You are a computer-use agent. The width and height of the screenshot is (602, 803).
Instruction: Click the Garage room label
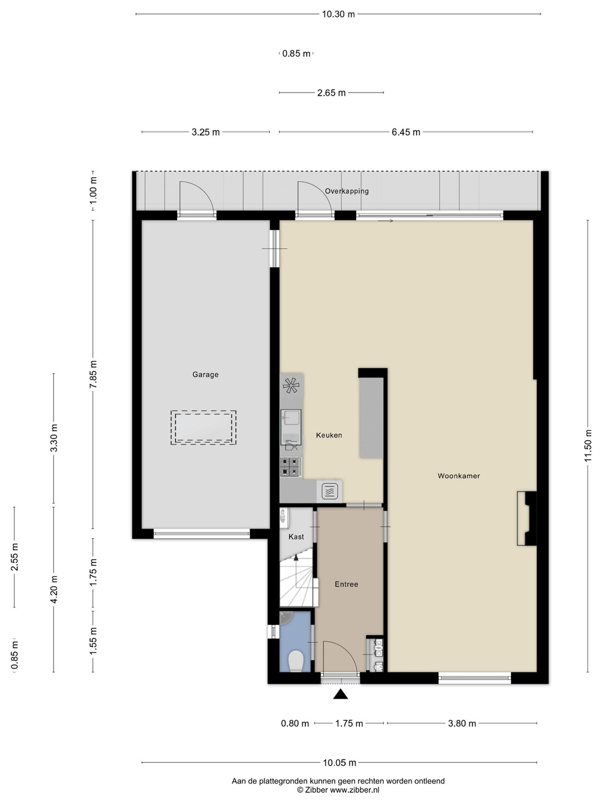pyautogui.click(x=206, y=375)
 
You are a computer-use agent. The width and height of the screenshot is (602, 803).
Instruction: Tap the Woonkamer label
pyautogui.click(x=459, y=476)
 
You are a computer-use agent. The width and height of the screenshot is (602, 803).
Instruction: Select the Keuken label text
pyautogui.click(x=329, y=435)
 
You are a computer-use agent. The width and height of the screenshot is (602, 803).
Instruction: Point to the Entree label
pyautogui.click(x=346, y=584)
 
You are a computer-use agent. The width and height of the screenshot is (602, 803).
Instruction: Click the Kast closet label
pyautogui.click(x=296, y=536)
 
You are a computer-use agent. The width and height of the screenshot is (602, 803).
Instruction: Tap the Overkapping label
pyautogui.click(x=347, y=191)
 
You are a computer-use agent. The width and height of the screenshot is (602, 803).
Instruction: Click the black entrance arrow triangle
pyautogui.click(x=340, y=694)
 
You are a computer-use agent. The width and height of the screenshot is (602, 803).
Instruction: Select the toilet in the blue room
pyautogui.click(x=295, y=661)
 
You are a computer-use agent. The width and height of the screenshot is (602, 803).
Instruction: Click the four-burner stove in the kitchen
pyautogui.click(x=290, y=467)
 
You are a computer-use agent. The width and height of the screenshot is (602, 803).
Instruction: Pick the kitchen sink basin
pyautogui.click(x=291, y=418)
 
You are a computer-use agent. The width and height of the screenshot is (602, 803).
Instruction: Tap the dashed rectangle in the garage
pyautogui.click(x=203, y=428)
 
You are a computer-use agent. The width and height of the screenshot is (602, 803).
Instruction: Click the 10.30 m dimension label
pyautogui.click(x=338, y=14)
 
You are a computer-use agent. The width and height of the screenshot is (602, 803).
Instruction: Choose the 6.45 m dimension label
pyautogui.click(x=406, y=132)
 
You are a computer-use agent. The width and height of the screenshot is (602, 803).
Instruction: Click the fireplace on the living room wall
pyautogui.click(x=527, y=519)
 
